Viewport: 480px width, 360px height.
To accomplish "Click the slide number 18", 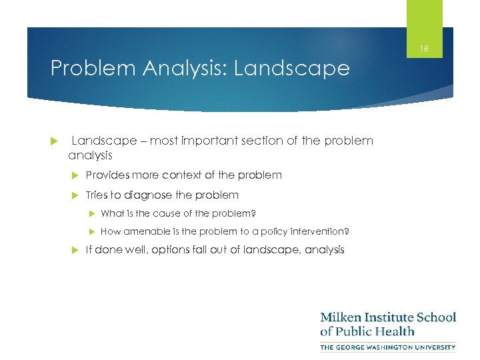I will click(x=424, y=48).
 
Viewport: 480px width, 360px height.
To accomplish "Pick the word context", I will click(x=181, y=175).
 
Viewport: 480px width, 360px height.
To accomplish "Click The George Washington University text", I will click(x=387, y=347).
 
